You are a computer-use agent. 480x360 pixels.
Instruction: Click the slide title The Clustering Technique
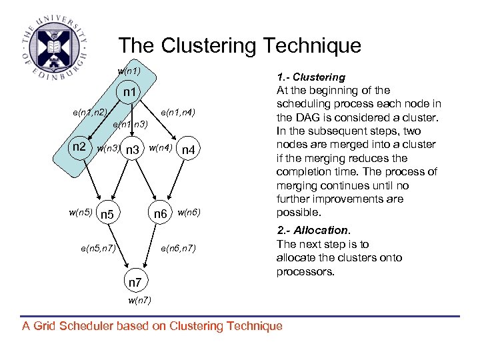239,45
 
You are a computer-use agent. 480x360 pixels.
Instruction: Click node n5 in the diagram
107,215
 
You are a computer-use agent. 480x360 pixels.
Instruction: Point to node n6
161,214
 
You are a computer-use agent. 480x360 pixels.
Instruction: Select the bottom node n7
135,283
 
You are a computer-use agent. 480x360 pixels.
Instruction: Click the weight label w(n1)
129,71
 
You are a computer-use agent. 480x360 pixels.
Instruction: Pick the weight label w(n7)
139,301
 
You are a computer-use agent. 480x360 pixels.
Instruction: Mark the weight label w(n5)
81,212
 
